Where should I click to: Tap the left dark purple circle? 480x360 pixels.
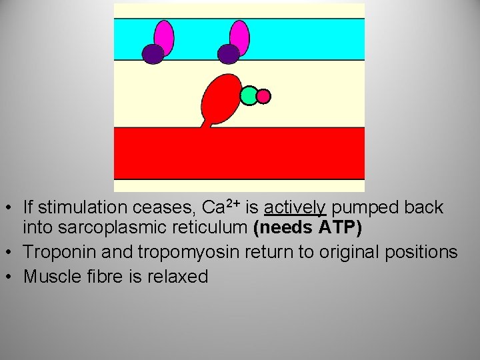click(153, 54)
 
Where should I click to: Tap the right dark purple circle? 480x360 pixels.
click(229, 54)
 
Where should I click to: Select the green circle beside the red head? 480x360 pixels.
click(249, 96)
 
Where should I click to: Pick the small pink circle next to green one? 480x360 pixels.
click(263, 97)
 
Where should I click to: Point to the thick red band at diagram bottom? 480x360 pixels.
click(239, 153)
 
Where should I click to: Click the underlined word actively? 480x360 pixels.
click(295, 208)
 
